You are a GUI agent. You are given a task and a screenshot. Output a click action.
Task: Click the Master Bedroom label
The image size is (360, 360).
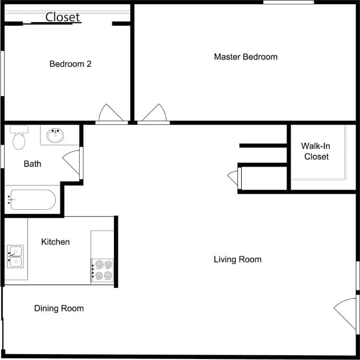246,57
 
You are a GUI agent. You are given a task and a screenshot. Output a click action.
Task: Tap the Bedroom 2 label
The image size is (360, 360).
70,63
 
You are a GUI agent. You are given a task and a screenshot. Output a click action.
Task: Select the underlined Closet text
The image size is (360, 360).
62,17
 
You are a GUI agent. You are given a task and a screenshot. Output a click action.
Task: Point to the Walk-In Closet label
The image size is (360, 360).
316,151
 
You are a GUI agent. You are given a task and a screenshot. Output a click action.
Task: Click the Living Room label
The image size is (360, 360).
237,259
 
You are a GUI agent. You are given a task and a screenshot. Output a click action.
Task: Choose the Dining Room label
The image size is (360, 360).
59,308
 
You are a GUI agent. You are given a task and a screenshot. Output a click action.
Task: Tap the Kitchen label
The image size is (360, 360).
55,241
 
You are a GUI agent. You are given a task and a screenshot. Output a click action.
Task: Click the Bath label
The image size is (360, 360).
32,164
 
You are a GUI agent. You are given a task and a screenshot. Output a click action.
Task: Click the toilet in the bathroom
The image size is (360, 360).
19,138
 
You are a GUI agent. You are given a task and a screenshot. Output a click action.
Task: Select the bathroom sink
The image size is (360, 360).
56,135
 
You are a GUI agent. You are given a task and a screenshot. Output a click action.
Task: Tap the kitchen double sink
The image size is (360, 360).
15,256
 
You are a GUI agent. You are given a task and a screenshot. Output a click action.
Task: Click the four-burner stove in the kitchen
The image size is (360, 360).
102,270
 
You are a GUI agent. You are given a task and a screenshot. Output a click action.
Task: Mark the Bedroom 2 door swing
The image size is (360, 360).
111,114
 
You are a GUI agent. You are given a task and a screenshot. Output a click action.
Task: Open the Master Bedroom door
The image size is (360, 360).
154,114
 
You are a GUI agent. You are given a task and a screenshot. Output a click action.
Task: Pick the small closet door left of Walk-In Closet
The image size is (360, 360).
234,178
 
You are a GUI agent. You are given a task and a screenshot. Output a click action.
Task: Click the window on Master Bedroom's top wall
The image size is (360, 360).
288,2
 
